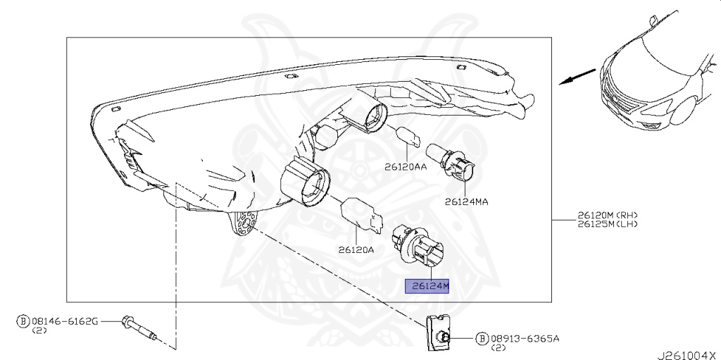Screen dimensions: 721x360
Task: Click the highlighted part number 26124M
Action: tap(427, 286)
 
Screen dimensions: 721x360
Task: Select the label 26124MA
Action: tap(466, 201)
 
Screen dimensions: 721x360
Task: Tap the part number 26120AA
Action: tap(406, 167)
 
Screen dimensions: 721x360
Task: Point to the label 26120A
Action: tap(356, 250)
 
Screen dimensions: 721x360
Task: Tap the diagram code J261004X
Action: tap(689, 355)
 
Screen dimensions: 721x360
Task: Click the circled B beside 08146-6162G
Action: tap(23, 321)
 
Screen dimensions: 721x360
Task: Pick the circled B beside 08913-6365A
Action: tap(482, 339)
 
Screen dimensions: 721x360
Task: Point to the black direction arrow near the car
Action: tap(577, 77)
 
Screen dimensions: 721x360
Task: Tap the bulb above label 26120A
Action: tap(362, 216)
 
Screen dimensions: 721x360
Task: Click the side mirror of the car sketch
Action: tap(653, 20)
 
